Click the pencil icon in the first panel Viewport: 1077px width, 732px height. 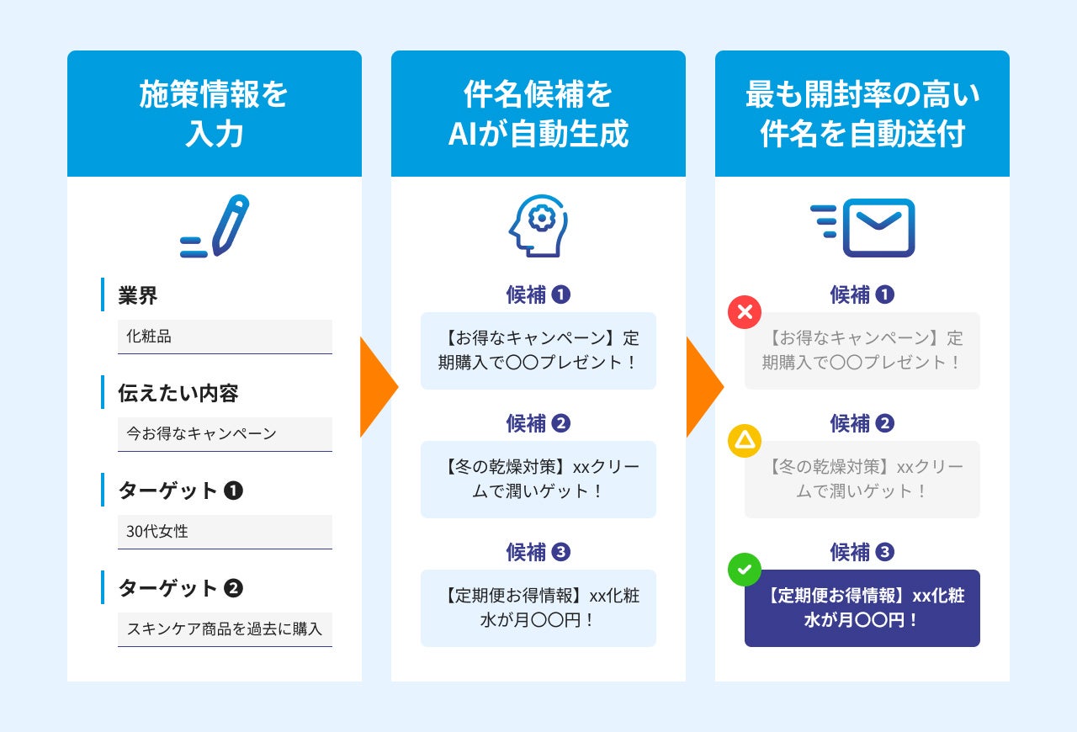(x=216, y=225)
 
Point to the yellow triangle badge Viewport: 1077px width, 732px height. (x=745, y=441)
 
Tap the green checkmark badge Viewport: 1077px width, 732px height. (x=745, y=570)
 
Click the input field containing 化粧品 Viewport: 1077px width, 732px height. (x=225, y=337)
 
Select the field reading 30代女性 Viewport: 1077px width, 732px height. (x=225, y=532)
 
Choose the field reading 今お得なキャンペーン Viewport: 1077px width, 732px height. (x=225, y=434)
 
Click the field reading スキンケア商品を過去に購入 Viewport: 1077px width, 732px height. (x=225, y=629)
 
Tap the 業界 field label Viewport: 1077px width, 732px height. (x=138, y=295)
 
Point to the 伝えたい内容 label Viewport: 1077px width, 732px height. (x=178, y=393)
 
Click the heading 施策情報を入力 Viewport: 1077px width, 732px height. (x=214, y=114)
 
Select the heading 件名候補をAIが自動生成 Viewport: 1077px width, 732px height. (x=538, y=114)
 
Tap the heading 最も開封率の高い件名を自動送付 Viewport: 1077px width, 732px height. (x=862, y=114)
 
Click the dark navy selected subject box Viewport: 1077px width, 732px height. (x=862, y=608)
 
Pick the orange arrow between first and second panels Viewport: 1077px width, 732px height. (x=378, y=387)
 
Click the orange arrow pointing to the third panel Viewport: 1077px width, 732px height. (x=703, y=387)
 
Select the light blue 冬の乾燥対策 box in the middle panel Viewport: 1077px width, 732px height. (x=538, y=479)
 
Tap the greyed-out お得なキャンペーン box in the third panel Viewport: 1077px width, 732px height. (x=862, y=351)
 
